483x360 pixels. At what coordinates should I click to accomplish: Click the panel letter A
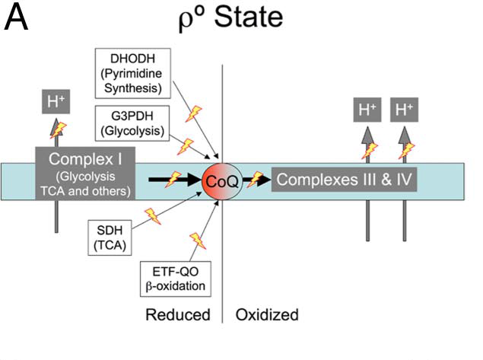pyautogui.click(x=17, y=19)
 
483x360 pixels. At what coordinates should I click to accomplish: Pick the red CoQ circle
pyautogui.click(x=222, y=180)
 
